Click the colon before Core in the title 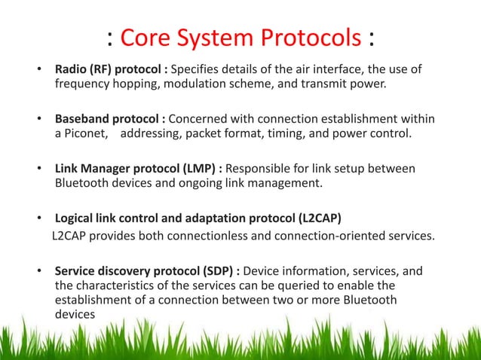[111, 38]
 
